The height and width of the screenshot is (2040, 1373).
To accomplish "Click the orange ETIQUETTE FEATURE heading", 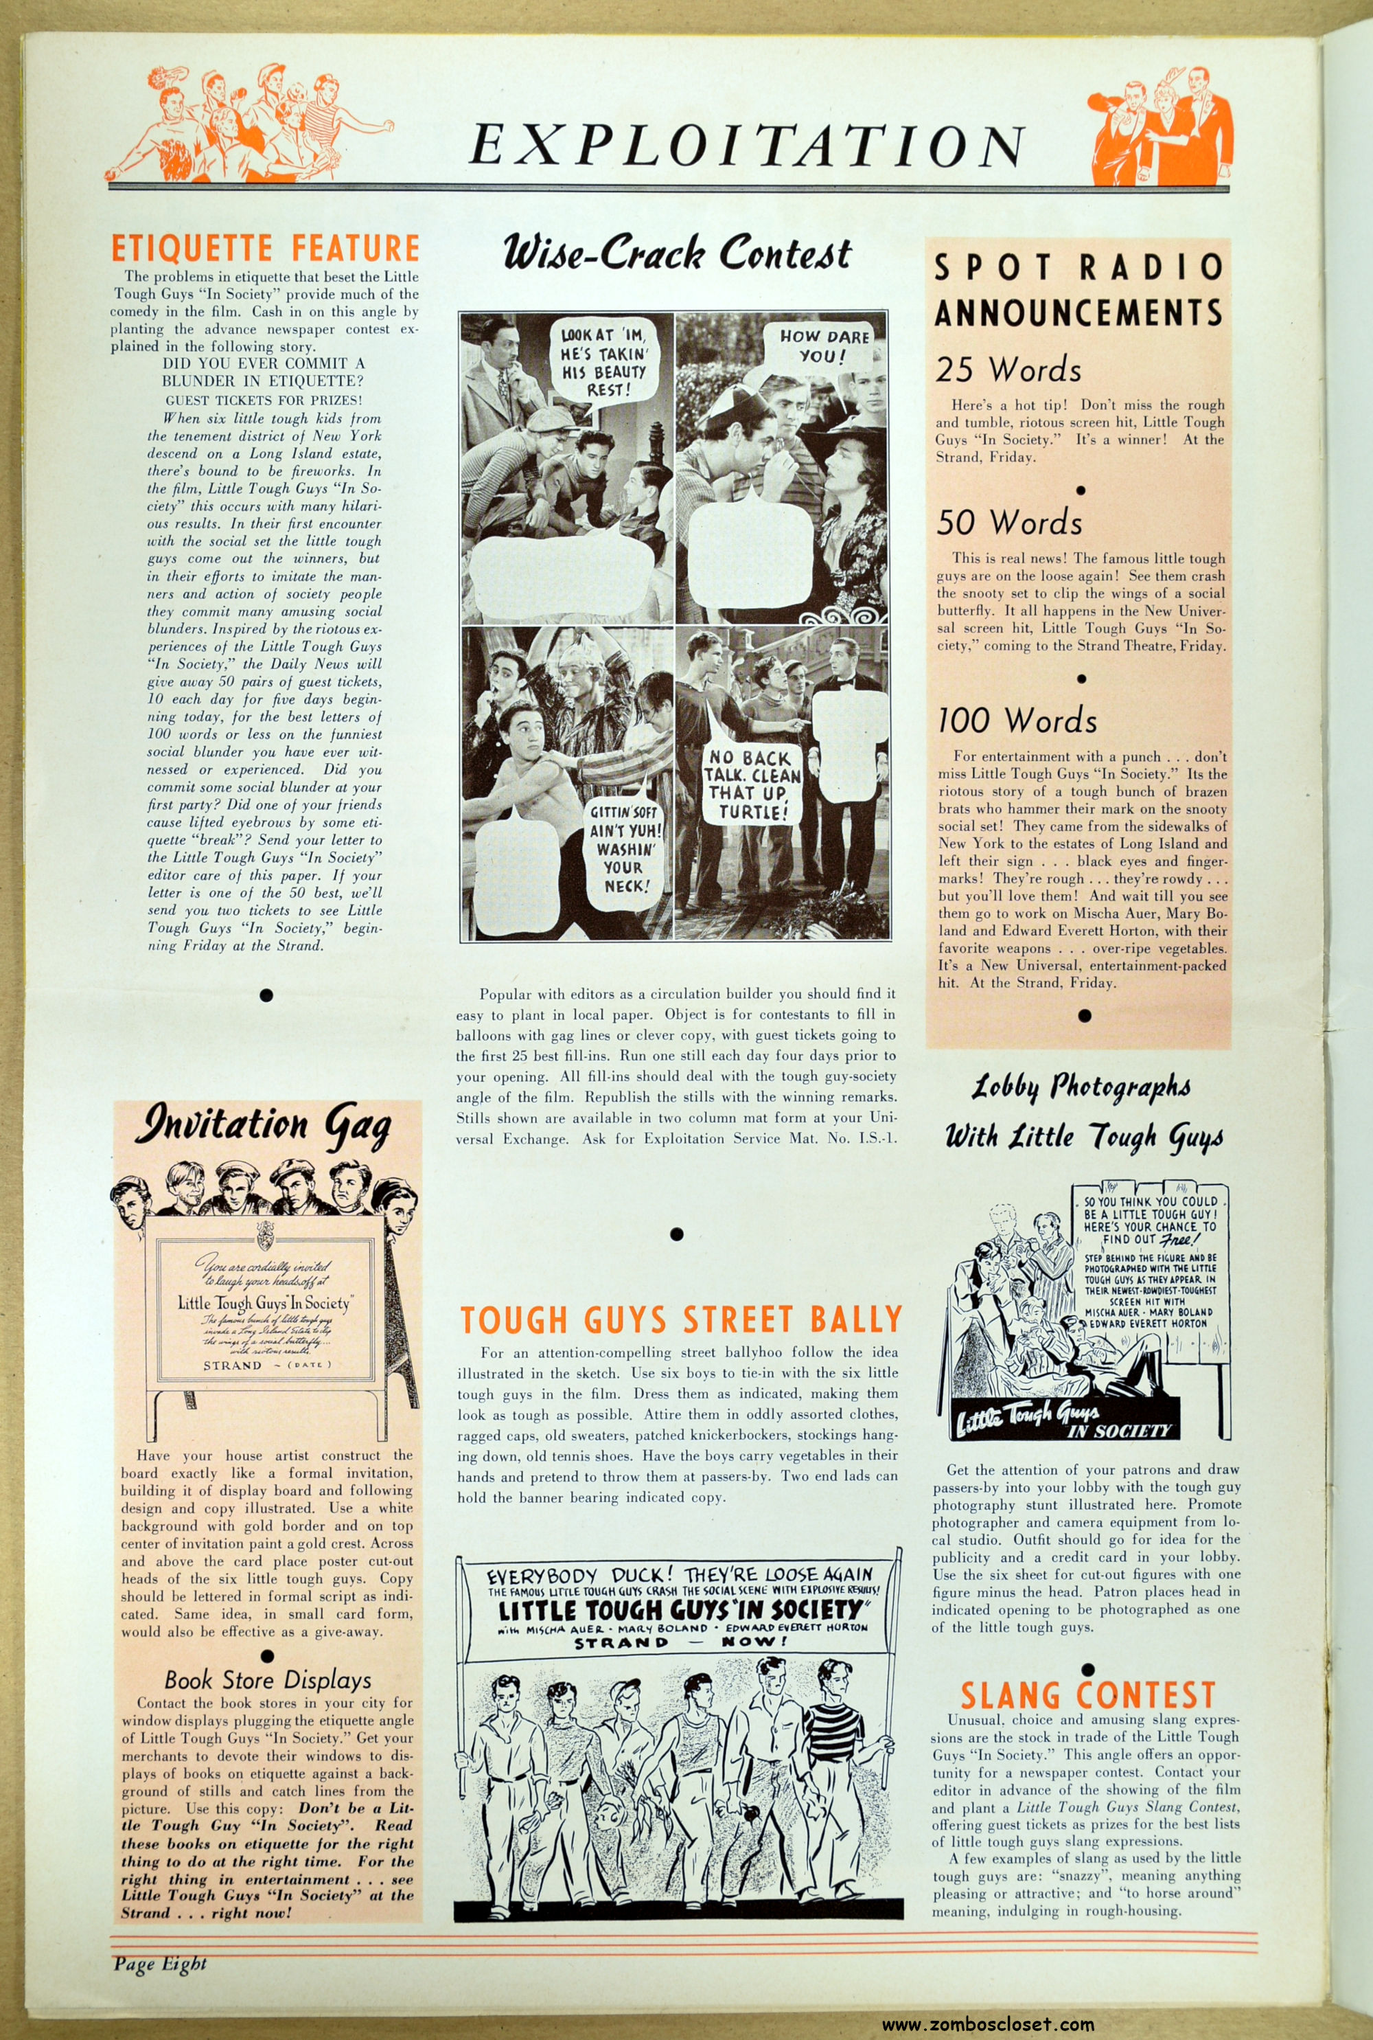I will pyautogui.click(x=264, y=248).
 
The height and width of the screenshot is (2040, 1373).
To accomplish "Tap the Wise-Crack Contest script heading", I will pyautogui.click(x=676, y=253).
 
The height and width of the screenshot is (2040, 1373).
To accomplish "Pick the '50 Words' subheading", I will pyautogui.click(x=1008, y=522).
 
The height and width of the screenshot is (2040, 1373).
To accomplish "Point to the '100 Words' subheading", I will pyautogui.click(x=1017, y=720).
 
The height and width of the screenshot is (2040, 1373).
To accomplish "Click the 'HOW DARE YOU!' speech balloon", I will pyautogui.click(x=824, y=346).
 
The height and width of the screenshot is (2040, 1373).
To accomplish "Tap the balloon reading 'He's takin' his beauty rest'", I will pyautogui.click(x=603, y=360).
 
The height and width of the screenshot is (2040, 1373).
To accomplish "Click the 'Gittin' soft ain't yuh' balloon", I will pyautogui.click(x=624, y=848).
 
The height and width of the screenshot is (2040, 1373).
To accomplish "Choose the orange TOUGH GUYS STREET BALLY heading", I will pyautogui.click(x=680, y=1319).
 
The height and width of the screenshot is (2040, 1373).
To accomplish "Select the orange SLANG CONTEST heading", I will pyautogui.click(x=1087, y=1696).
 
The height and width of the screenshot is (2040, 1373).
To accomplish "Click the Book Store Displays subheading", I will pyautogui.click(x=268, y=1679).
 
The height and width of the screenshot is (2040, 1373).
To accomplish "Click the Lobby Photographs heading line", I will pyautogui.click(x=1081, y=1088).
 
